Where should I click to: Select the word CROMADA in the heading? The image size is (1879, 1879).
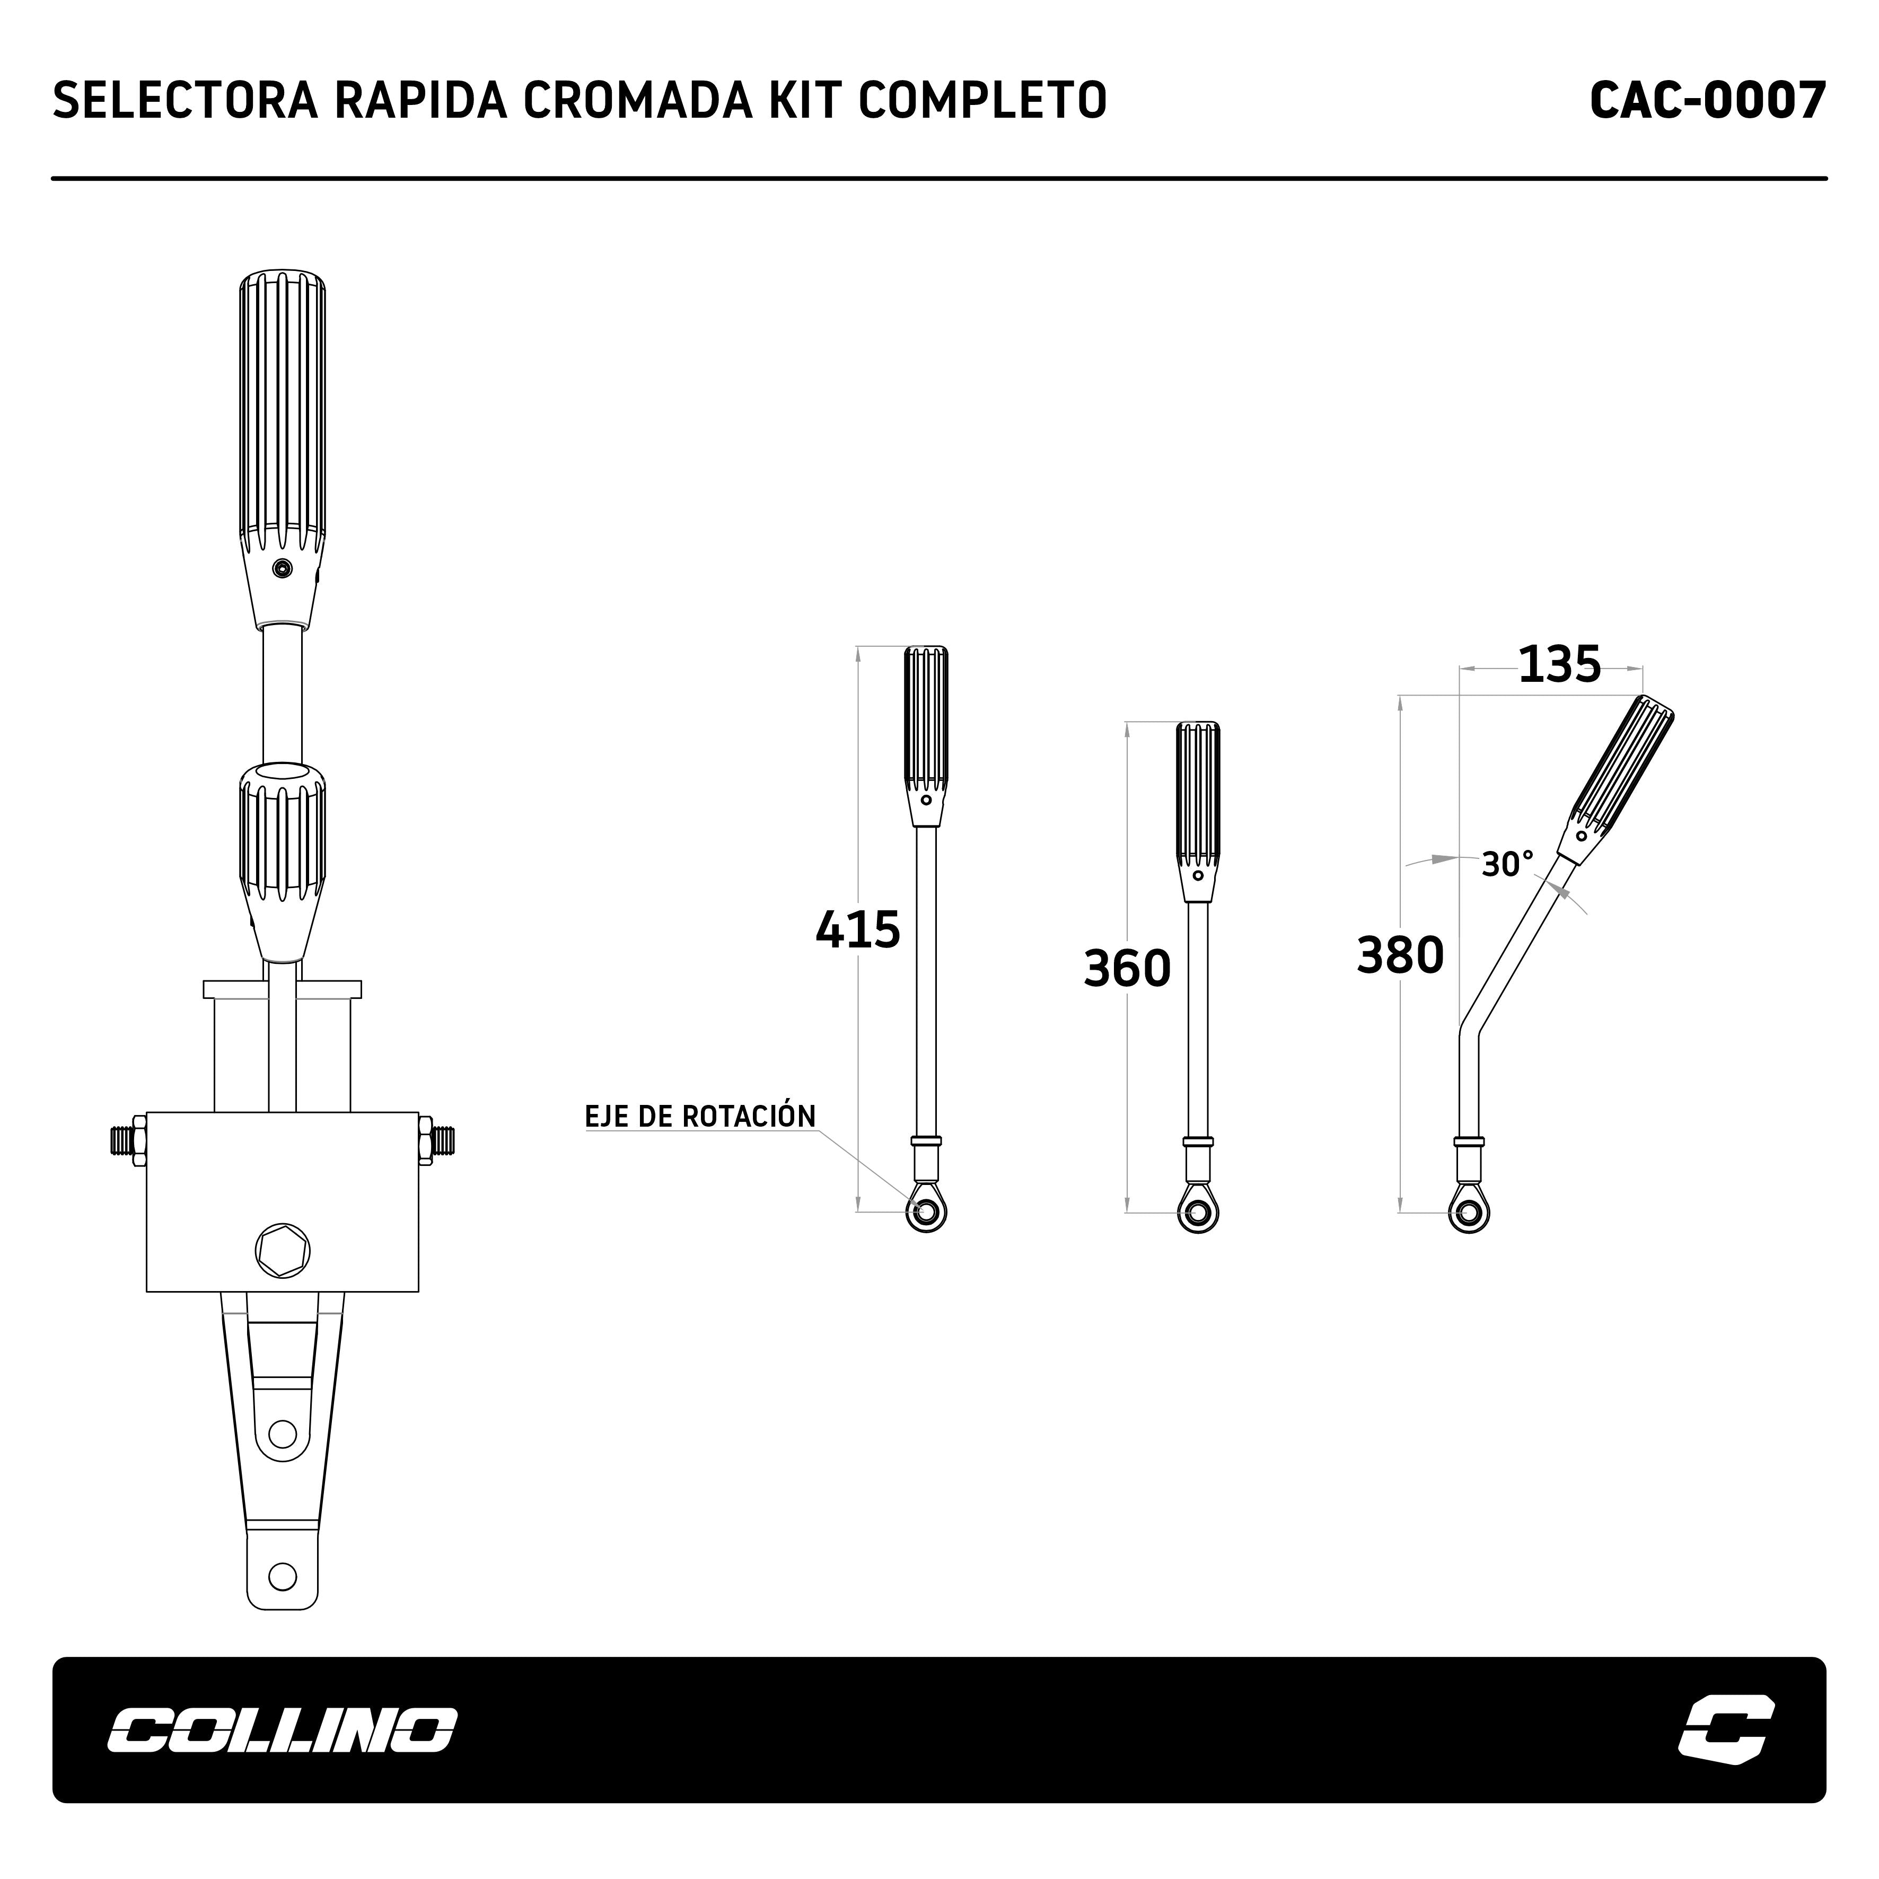click(638, 100)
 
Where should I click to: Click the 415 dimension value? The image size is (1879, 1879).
click(858, 930)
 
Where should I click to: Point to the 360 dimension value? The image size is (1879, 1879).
click(1127, 969)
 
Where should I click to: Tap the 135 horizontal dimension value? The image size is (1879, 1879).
click(1559, 665)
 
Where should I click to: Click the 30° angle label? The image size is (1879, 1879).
click(1507, 864)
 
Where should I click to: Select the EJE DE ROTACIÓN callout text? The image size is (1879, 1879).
click(700, 1117)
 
